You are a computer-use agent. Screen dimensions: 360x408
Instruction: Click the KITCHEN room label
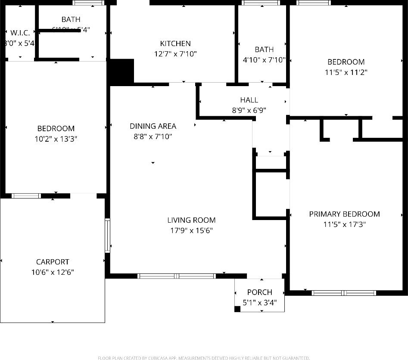point(175,43)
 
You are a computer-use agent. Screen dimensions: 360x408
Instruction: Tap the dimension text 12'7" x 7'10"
point(175,54)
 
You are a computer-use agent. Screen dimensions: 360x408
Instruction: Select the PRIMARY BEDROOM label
point(344,214)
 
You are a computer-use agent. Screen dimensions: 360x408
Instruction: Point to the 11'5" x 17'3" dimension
point(344,224)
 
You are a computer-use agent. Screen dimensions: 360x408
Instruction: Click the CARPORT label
point(53,262)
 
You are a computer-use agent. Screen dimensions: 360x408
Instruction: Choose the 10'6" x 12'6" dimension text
point(53,272)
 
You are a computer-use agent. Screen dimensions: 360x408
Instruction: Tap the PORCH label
point(259,292)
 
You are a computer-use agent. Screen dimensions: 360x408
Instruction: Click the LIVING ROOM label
point(191,220)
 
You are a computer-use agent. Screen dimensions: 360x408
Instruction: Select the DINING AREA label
point(153,126)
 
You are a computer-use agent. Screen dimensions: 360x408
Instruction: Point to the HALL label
point(249,100)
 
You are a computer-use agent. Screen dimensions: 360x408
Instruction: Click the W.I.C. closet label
point(20,33)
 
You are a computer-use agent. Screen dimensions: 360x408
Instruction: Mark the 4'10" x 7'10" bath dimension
point(264,60)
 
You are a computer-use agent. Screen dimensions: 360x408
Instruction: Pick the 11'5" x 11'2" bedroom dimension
point(346,72)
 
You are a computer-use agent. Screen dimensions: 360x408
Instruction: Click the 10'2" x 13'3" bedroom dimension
point(56,139)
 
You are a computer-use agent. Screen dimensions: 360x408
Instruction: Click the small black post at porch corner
point(237,308)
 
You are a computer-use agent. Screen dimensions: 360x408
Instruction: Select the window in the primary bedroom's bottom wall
point(344,293)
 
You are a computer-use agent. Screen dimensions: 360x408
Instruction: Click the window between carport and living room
point(107,235)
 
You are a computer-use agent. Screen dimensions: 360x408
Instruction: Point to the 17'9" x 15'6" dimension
point(191,230)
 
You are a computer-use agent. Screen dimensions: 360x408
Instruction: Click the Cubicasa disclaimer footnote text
point(204,358)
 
